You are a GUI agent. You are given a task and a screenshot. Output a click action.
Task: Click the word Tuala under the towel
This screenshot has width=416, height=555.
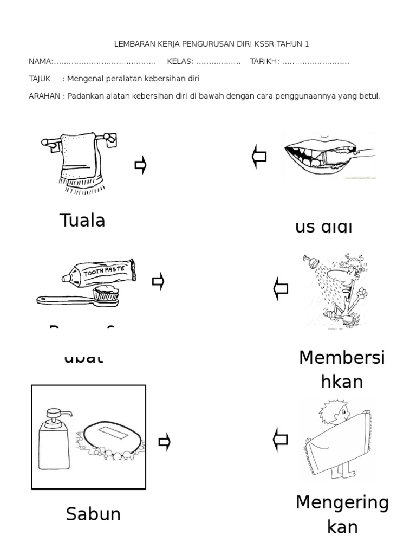(82, 220)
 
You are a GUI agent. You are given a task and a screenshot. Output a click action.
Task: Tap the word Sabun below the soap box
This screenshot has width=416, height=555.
(93, 513)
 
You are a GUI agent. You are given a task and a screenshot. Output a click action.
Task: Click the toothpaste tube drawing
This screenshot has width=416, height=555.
(97, 272)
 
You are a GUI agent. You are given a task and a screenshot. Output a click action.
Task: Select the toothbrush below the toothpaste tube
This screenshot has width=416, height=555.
(76, 299)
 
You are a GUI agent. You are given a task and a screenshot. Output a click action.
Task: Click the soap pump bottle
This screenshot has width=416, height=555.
(54, 440)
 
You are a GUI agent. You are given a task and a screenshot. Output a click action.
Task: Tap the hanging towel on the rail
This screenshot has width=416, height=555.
(80, 160)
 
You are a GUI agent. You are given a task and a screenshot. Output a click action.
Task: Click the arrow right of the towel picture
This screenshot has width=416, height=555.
(141, 166)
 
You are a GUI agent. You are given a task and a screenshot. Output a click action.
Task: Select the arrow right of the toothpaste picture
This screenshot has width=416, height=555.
(158, 282)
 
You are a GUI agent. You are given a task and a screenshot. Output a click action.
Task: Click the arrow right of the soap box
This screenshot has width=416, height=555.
(165, 442)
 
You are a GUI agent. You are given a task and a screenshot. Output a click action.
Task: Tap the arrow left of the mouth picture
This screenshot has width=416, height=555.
(259, 158)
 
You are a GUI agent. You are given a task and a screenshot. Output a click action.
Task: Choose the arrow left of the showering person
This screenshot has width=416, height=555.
(281, 288)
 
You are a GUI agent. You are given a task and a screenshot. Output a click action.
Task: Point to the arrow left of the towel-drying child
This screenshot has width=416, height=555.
(281, 439)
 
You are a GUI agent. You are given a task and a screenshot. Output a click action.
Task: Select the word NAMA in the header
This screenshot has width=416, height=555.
(40, 61)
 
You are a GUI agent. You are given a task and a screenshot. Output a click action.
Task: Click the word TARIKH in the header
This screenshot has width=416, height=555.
(264, 61)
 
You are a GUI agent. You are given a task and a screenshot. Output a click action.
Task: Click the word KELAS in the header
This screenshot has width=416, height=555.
(179, 61)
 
